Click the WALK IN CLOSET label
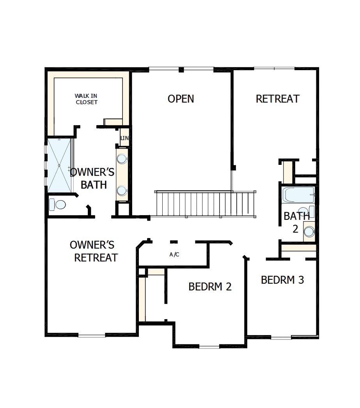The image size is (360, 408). click(x=86, y=99)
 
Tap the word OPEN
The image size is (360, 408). click(x=181, y=99)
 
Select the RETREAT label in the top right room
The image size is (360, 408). click(x=277, y=99)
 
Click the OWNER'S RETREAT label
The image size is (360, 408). click(x=94, y=251)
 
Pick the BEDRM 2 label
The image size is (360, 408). click(x=210, y=287)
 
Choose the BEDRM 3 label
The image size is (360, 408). click(x=282, y=280)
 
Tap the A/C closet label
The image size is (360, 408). click(x=174, y=255)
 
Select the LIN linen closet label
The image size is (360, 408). click(x=124, y=138)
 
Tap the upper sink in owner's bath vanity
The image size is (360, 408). click(x=122, y=159)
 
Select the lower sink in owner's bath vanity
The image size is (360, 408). click(x=122, y=191)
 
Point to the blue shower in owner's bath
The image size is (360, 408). click(x=59, y=165)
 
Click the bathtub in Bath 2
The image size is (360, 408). click(x=298, y=194)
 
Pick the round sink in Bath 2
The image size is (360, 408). click(x=309, y=231)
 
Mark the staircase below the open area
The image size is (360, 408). click(x=205, y=203)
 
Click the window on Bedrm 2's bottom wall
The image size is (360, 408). click(x=209, y=346)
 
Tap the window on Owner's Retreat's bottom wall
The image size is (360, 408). click(x=92, y=335)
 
